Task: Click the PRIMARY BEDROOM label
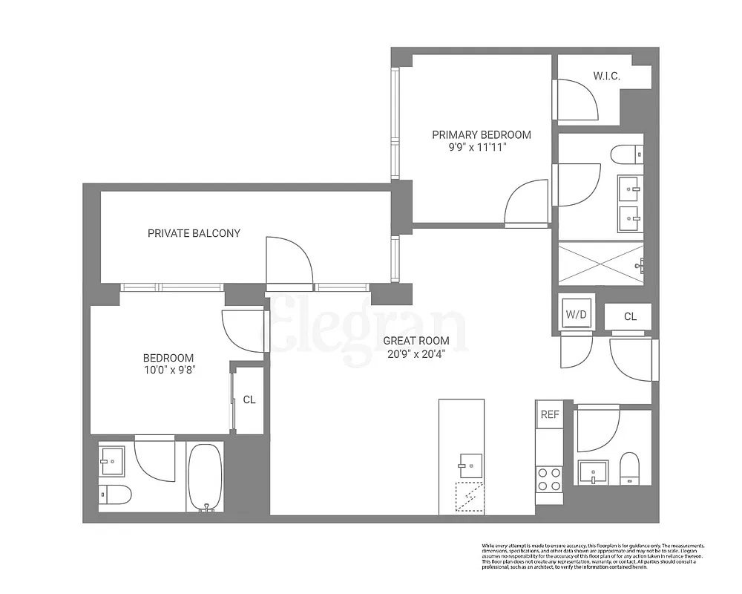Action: pyautogui.click(x=482, y=134)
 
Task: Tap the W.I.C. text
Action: pyautogui.click(x=606, y=76)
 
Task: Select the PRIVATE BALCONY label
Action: pyautogui.click(x=194, y=233)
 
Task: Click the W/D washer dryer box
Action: pyautogui.click(x=577, y=314)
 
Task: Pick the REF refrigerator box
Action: pyautogui.click(x=550, y=414)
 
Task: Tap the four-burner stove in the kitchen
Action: pyautogui.click(x=549, y=479)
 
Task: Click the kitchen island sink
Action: pyautogui.click(x=470, y=466)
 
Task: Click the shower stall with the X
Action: pyautogui.click(x=600, y=263)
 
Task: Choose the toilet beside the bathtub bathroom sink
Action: pyautogui.click(x=115, y=493)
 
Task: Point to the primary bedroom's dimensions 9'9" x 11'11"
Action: pyautogui.click(x=482, y=147)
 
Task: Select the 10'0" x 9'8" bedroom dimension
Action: pyautogui.click(x=168, y=369)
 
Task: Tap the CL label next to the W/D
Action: pyautogui.click(x=630, y=316)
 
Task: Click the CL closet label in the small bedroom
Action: pyautogui.click(x=249, y=399)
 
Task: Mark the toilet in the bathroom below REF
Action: pyautogui.click(x=629, y=468)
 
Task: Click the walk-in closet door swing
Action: pyautogui.click(x=578, y=100)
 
